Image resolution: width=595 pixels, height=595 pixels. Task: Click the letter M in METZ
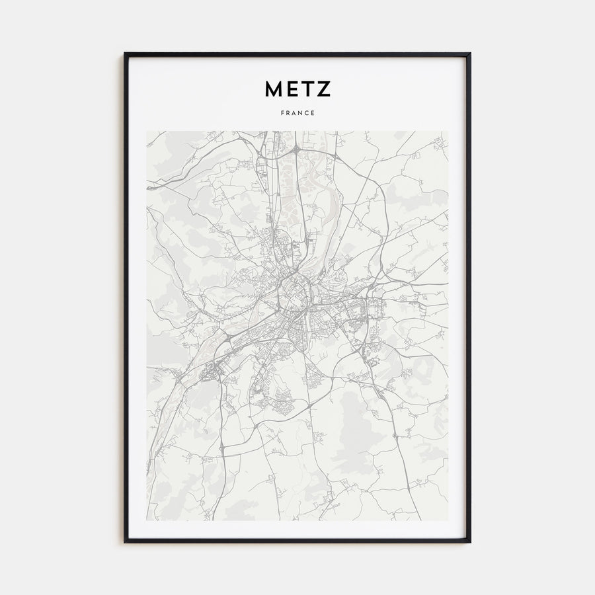[x=273, y=89]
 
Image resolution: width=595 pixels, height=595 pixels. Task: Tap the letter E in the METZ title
[x=292, y=89]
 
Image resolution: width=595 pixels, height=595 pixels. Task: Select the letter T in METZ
[x=307, y=89]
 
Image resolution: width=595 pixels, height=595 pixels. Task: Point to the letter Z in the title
[x=323, y=89]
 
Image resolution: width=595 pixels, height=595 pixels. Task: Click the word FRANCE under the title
[x=297, y=113]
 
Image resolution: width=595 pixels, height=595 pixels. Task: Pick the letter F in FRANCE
[x=282, y=113]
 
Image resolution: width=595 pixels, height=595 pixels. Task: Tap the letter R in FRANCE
[x=288, y=113]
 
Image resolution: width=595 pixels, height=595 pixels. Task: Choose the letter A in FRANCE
[x=294, y=113]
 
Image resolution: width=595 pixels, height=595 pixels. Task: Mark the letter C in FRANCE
[x=307, y=113]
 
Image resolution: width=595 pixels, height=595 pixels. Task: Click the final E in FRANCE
[x=313, y=113]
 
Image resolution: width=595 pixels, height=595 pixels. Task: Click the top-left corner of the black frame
[x=125, y=54]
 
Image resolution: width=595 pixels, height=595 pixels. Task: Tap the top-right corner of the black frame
[x=470, y=54]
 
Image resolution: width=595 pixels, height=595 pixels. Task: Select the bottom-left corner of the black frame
[x=125, y=542]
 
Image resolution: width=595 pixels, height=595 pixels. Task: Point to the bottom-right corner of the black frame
[x=470, y=542]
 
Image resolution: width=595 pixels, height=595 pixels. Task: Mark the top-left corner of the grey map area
[x=147, y=131]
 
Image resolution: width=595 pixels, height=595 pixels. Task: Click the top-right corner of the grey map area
[x=448, y=131]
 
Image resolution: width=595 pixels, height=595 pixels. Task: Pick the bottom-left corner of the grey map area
[x=147, y=520]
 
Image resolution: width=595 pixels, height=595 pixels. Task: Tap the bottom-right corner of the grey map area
[x=448, y=520]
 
